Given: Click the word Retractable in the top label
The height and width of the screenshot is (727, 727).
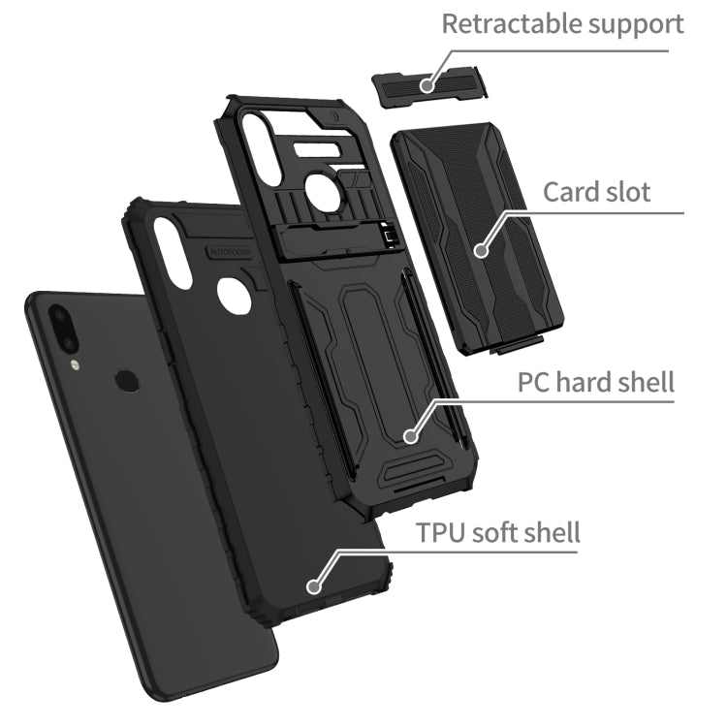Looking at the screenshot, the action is (510, 23).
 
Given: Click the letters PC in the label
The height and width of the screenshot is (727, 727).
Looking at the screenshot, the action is (532, 383).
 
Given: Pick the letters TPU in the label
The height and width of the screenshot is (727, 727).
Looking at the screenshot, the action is (439, 533).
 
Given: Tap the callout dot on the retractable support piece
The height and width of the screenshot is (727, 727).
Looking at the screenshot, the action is (427, 85).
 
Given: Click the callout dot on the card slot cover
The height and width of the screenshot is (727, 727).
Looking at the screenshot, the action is (482, 251).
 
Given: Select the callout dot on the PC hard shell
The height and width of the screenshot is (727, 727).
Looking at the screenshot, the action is (410, 436).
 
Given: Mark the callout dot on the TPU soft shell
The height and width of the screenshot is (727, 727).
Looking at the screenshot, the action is (314, 586).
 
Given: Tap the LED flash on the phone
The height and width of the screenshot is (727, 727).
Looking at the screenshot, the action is (75, 365).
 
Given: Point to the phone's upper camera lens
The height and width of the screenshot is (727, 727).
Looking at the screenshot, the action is (59, 316).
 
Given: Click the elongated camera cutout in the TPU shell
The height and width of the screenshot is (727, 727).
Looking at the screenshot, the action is (173, 252).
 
